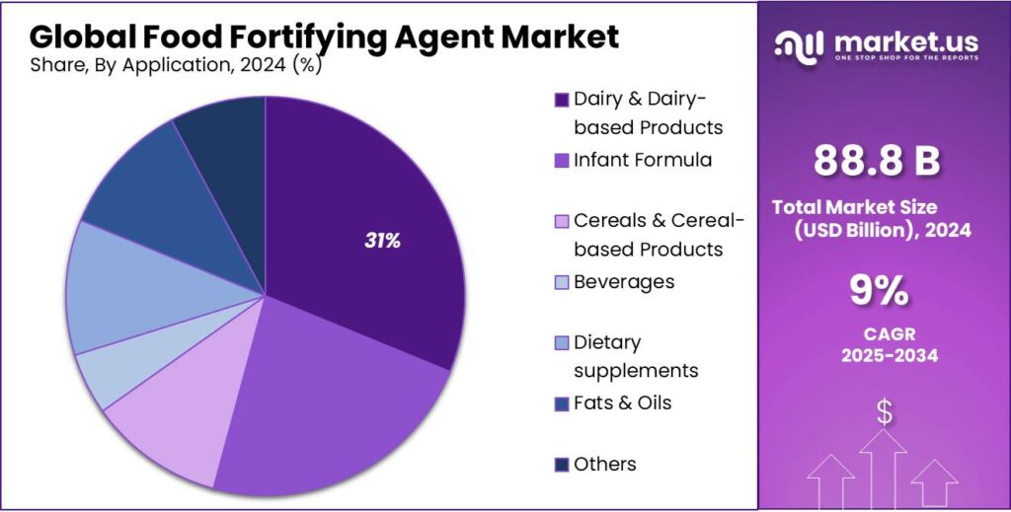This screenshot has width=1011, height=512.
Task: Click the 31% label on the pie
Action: coord(381,241)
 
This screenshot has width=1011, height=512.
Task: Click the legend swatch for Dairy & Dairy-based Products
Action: coord(562,100)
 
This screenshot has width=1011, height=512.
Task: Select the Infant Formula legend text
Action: coord(642,160)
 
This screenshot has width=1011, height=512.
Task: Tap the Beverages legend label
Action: coord(624,282)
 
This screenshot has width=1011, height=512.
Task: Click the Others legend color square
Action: coord(562,465)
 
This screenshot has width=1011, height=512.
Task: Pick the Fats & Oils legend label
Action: coord(623,403)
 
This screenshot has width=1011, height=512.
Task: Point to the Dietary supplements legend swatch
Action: coord(562,343)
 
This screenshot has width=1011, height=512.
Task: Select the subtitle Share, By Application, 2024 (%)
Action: coord(176,65)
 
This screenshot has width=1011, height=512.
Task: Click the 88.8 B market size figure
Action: coord(877,163)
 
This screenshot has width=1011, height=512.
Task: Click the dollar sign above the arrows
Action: coord(884,413)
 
